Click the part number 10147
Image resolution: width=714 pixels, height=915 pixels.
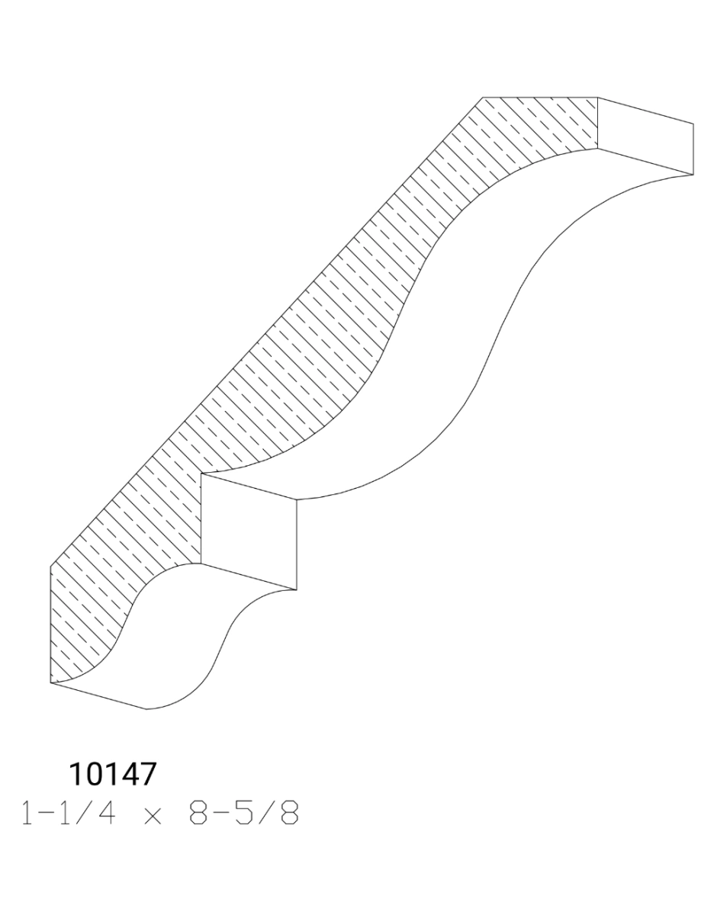[x=112, y=775]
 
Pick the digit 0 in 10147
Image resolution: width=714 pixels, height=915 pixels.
[x=95, y=775]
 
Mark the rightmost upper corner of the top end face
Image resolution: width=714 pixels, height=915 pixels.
[x=693, y=124]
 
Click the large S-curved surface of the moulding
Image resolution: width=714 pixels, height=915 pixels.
[x=458, y=320]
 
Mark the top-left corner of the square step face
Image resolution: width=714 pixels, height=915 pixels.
[x=201, y=474]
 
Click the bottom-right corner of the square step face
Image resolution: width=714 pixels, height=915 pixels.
[x=296, y=589]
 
